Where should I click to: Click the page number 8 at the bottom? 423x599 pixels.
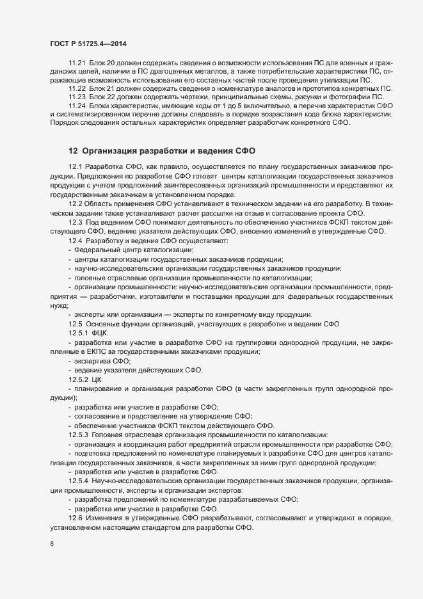51,545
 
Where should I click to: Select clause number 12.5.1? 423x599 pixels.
79,333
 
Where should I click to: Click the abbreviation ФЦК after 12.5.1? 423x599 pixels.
100,333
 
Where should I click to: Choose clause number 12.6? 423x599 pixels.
75,516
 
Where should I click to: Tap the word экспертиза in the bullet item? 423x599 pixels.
94,362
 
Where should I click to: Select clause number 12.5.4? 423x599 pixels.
79,480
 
